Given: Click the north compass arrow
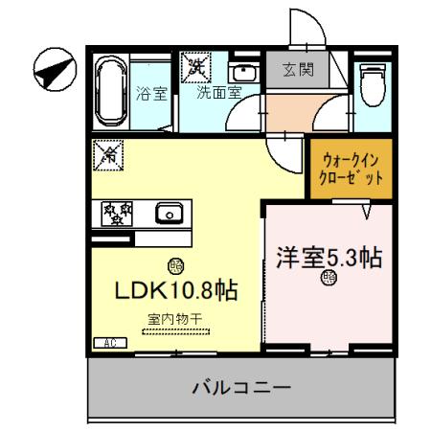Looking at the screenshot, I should pyautogui.click(x=54, y=69).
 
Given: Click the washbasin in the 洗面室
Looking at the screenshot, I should pyautogui.click(x=243, y=74).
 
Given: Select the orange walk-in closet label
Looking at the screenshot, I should pyautogui.click(x=351, y=170).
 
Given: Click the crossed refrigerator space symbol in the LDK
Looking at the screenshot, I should pyautogui.click(x=109, y=153).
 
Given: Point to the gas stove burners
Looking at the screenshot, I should pyautogui.click(x=116, y=213).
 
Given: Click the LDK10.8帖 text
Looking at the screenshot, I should pyautogui.click(x=177, y=289).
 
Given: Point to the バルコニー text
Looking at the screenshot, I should pyautogui.click(x=241, y=388).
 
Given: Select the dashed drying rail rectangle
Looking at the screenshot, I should pyautogui.click(x=173, y=331).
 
